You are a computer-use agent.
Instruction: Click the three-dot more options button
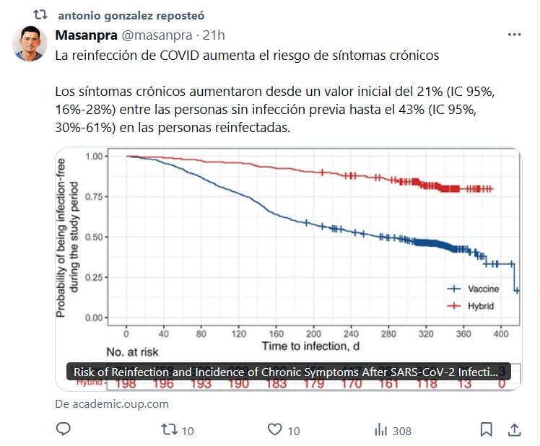(x=513, y=35)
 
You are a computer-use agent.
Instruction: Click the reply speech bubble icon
(x=64, y=429)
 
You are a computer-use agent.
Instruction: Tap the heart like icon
(x=274, y=430)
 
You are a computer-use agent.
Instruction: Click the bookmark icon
(x=487, y=430)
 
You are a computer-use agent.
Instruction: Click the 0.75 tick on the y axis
(x=97, y=196)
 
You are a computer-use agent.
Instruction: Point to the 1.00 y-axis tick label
(x=97, y=156)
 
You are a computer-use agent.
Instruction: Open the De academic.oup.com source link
(x=112, y=403)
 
